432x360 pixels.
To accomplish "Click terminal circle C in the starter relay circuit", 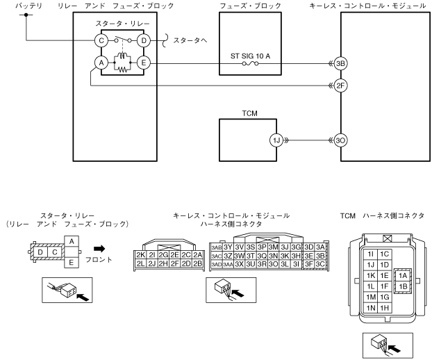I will [101, 40].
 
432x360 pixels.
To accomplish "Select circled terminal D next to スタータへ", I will [144, 40].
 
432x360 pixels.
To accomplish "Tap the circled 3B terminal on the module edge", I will [340, 63].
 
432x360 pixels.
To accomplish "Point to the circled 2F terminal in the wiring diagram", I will [340, 86].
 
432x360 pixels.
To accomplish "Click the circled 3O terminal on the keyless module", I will [340, 138].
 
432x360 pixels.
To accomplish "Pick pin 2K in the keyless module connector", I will [140, 254].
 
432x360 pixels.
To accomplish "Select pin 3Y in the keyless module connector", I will [227, 247].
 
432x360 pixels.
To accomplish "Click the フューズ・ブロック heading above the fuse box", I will [250, 5].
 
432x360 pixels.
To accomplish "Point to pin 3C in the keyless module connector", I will [319, 264].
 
